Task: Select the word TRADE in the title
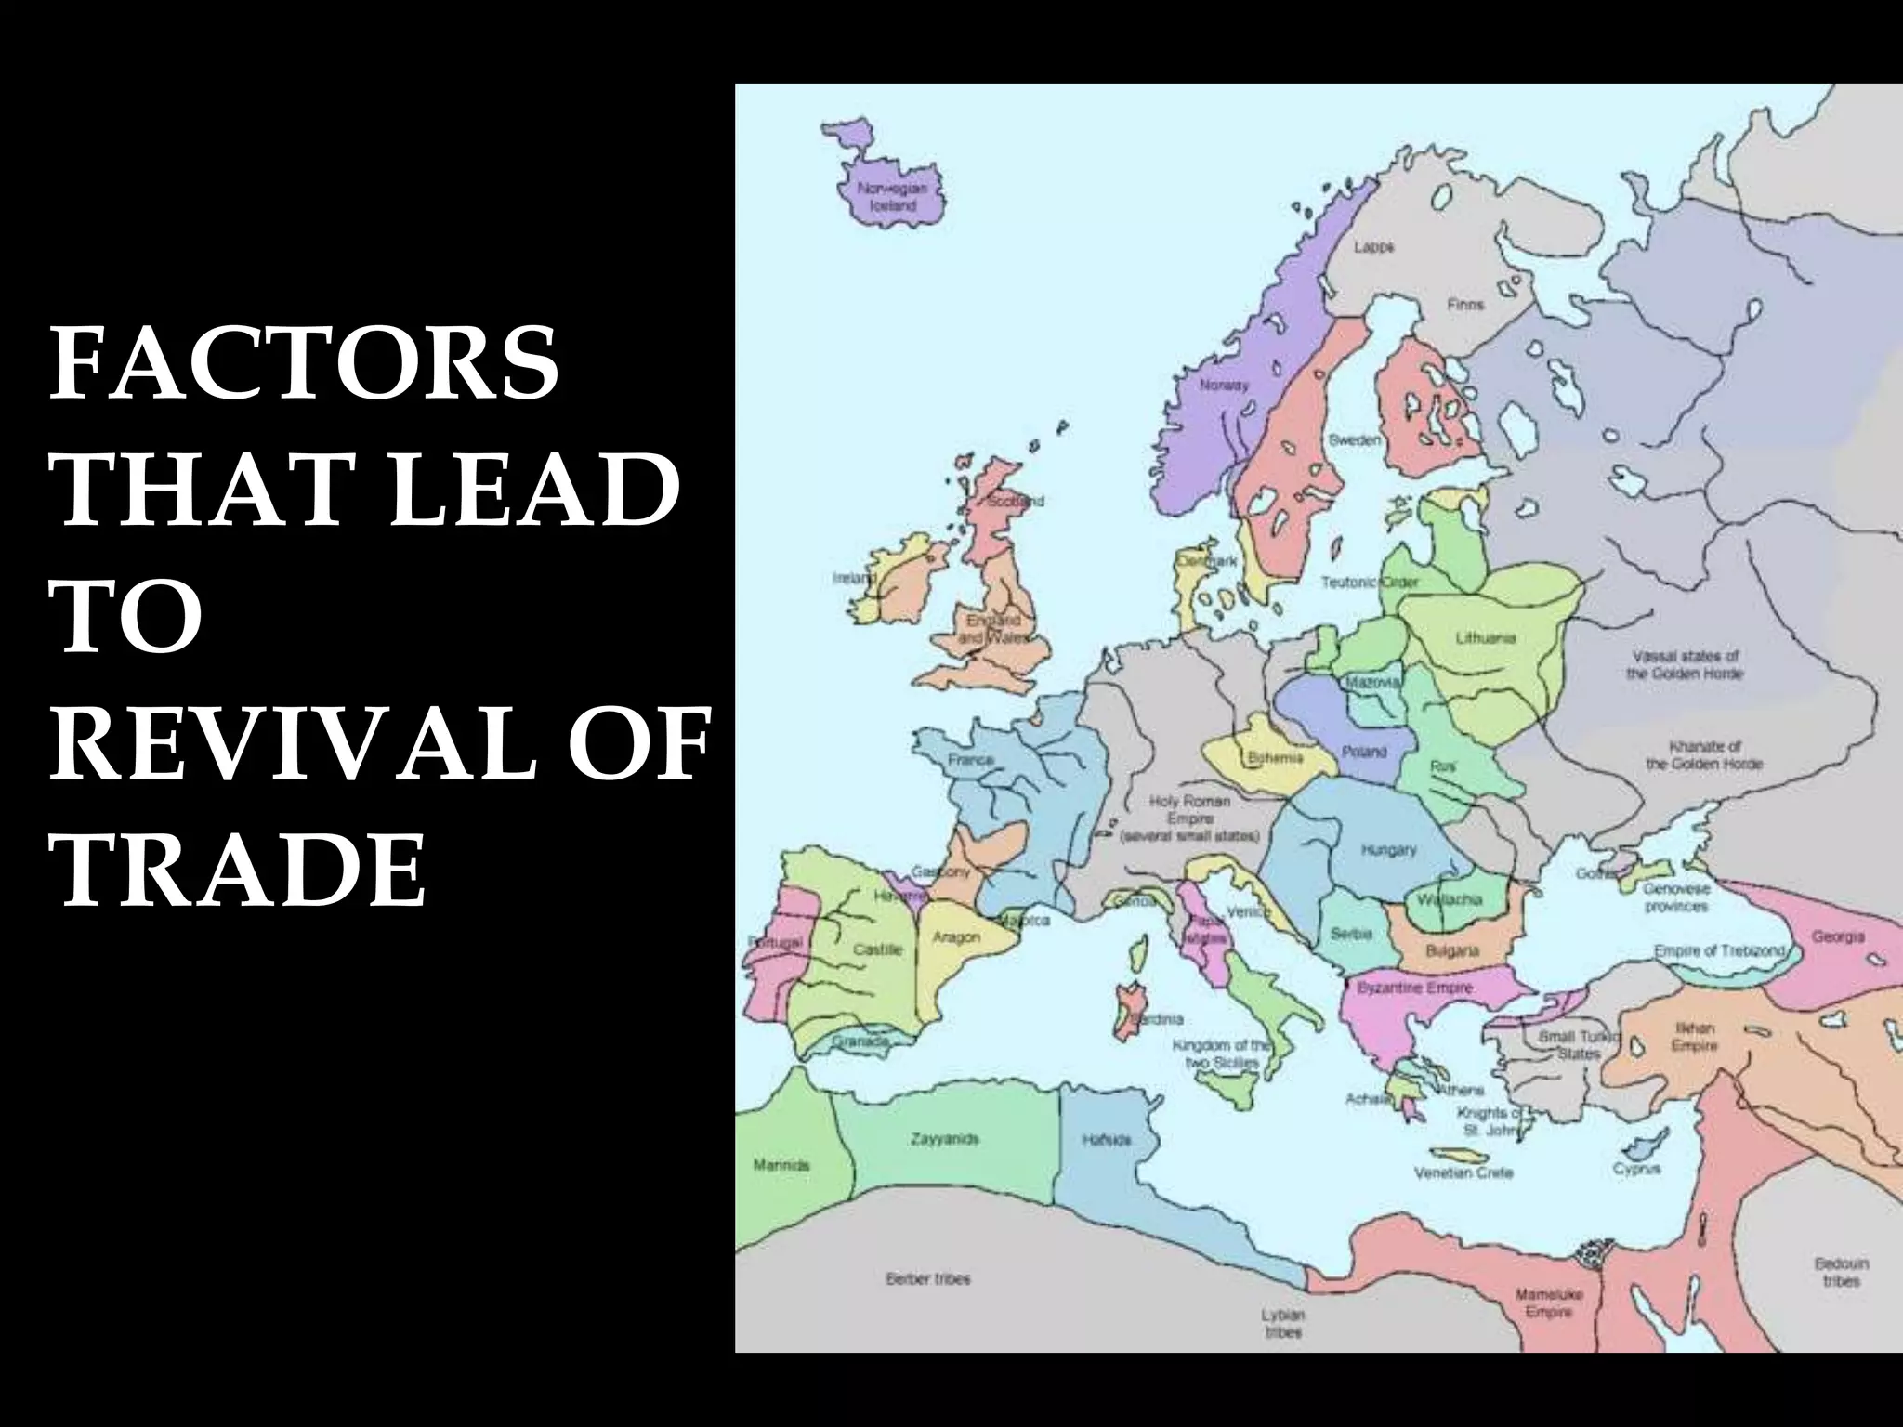(x=243, y=870)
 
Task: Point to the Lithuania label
(x=1485, y=638)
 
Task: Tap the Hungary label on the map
(x=1388, y=849)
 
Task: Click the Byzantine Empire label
(x=1415, y=988)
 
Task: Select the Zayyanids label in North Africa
(x=944, y=1139)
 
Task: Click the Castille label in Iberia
(x=877, y=949)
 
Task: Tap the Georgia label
(x=1837, y=936)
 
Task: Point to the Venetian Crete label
(x=1463, y=1172)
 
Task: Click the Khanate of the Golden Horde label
(x=1704, y=754)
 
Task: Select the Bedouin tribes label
(x=1841, y=1273)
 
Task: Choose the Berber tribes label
(x=927, y=1279)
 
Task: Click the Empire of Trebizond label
(x=1719, y=950)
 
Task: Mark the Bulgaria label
(x=1451, y=950)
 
